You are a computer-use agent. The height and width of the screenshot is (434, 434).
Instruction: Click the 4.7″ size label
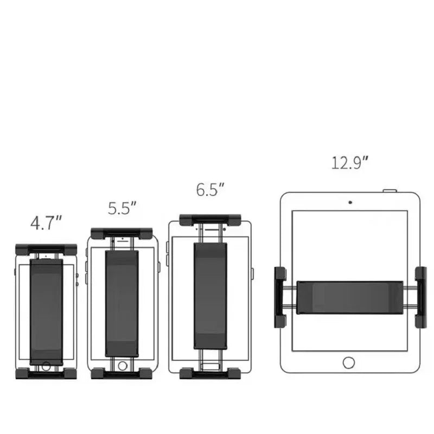(46, 223)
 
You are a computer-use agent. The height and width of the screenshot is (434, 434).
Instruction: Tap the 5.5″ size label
(122, 208)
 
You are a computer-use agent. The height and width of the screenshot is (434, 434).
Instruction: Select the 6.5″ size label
(210, 189)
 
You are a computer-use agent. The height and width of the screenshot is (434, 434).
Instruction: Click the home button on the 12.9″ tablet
(349, 362)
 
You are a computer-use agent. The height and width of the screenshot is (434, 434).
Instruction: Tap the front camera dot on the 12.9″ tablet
(350, 202)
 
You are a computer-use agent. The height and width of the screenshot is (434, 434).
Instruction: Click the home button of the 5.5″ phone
(123, 366)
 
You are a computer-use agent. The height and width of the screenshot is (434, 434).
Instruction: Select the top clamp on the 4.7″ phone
(46, 250)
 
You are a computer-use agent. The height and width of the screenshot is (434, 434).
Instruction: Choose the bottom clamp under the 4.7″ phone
(46, 374)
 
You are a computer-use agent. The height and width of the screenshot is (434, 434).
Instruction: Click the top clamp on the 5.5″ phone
(122, 233)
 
